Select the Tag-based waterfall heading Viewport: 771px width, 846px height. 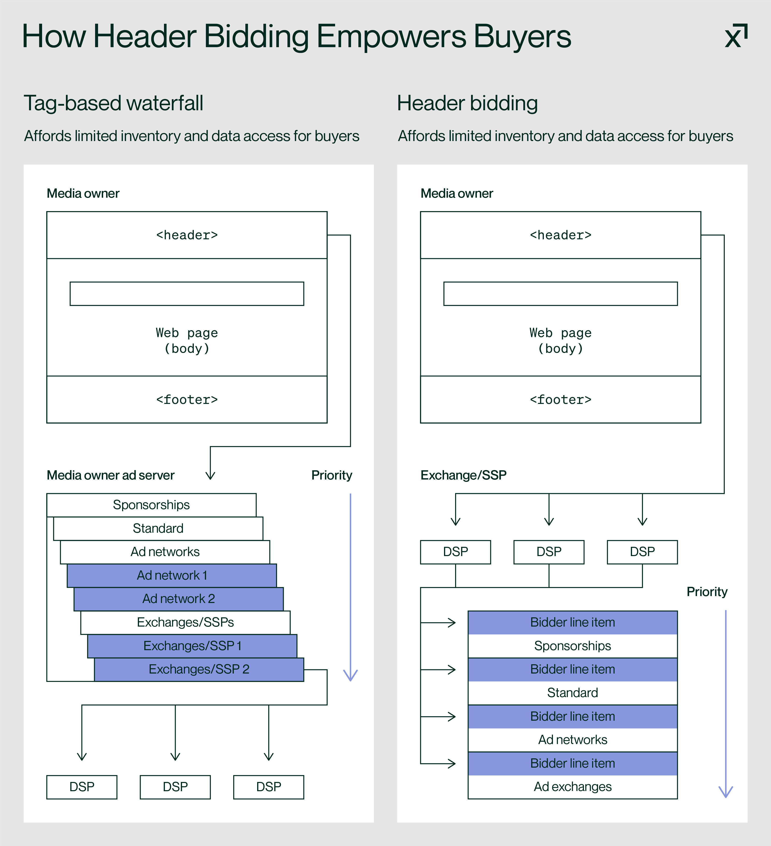[x=113, y=103]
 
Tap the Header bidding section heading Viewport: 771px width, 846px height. [x=467, y=103]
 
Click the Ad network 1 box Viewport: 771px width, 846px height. [x=172, y=575]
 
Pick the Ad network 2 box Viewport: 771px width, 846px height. [x=178, y=599]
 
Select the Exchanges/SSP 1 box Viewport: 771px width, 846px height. [x=192, y=646]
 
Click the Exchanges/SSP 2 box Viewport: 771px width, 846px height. [x=199, y=669]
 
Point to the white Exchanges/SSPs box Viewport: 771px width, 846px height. [x=185, y=622]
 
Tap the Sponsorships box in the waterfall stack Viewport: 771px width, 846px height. [x=151, y=505]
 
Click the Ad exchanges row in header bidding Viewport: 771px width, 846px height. [x=573, y=787]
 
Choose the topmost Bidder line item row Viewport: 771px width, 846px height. [x=573, y=622]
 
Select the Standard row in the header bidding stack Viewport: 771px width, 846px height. [x=573, y=693]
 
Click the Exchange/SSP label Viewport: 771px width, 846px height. [x=463, y=475]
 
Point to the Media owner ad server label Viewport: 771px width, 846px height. [x=110, y=475]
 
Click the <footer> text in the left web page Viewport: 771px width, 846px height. [x=187, y=400]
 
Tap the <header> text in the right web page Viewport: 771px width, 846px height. [x=560, y=235]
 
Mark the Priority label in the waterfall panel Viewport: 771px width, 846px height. [x=332, y=475]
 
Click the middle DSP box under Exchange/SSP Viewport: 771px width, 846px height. [x=549, y=552]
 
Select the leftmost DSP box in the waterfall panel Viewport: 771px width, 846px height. [x=82, y=787]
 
